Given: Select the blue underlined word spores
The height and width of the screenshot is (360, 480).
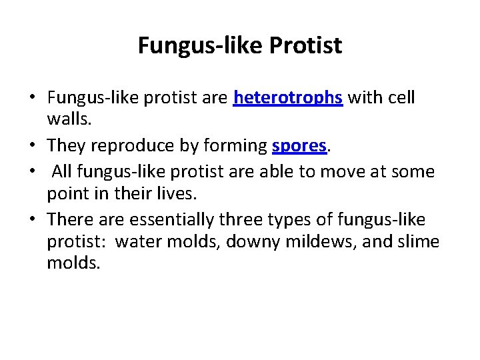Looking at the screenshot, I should click(x=299, y=145).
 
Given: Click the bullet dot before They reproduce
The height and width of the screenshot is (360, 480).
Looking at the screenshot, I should click(x=32, y=146).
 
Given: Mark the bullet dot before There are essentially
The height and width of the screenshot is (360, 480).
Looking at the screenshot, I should click(x=32, y=219).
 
